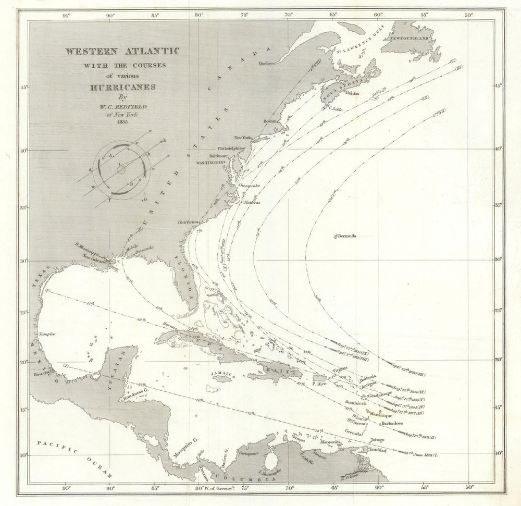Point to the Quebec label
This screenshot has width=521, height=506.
pyautogui.click(x=266, y=64)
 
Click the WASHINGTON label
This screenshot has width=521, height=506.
pyautogui.click(x=209, y=162)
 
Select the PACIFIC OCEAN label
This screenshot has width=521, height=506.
pyautogui.click(x=76, y=459)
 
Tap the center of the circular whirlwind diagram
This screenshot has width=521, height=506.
pyautogui.click(x=121, y=169)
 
